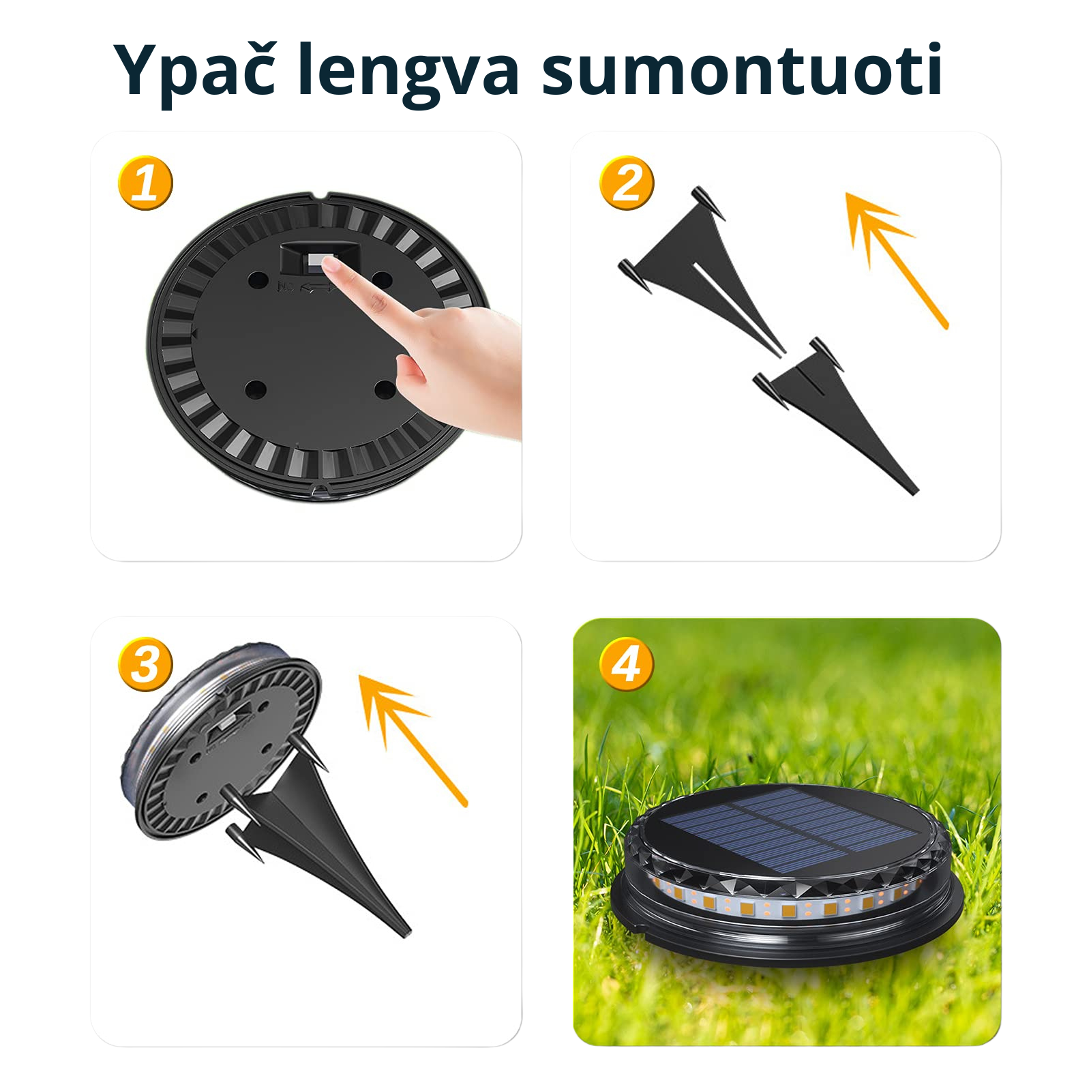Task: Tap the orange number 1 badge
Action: [x=145, y=183]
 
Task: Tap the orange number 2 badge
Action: [x=627, y=183]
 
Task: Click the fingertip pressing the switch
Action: [x=330, y=267]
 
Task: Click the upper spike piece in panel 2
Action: [x=702, y=269]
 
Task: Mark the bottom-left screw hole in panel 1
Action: [x=255, y=390]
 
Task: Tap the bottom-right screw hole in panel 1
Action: [x=385, y=390]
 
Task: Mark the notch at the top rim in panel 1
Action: [x=323, y=198]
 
